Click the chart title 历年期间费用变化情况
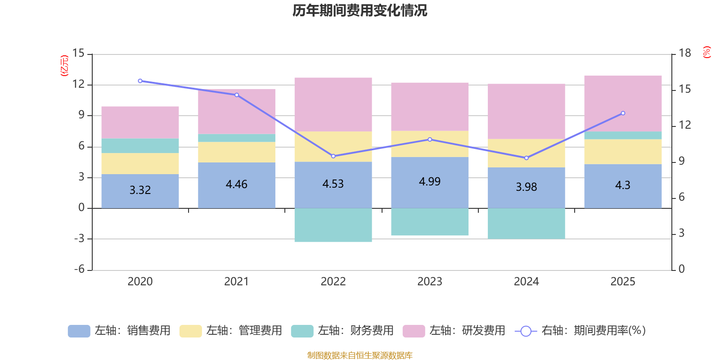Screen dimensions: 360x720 [x=360, y=10]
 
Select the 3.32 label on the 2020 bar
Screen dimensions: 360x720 [x=140, y=190]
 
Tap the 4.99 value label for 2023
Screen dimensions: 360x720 [x=430, y=181]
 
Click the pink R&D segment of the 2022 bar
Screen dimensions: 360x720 [x=333, y=104]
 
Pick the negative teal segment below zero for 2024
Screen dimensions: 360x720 [x=526, y=224]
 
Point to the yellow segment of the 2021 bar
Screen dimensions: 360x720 [x=237, y=152]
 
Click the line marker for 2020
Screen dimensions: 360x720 [x=140, y=81]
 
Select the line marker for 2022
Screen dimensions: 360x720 [x=333, y=156]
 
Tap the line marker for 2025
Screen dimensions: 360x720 [x=623, y=113]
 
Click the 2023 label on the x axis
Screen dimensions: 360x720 [x=430, y=281]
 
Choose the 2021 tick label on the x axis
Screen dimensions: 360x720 [x=237, y=281]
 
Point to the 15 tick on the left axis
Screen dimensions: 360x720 [x=78, y=53]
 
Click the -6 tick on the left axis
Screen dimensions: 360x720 [x=79, y=269]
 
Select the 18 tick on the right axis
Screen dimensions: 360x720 [x=685, y=53]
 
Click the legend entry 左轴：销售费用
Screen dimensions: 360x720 [x=119, y=331]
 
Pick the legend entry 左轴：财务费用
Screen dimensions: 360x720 [x=342, y=331]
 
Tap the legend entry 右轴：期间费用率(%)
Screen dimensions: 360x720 [x=580, y=331]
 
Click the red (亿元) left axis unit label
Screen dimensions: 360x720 [x=64, y=66]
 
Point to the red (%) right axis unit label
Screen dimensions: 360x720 [x=707, y=52]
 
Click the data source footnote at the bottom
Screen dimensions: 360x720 [x=360, y=355]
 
